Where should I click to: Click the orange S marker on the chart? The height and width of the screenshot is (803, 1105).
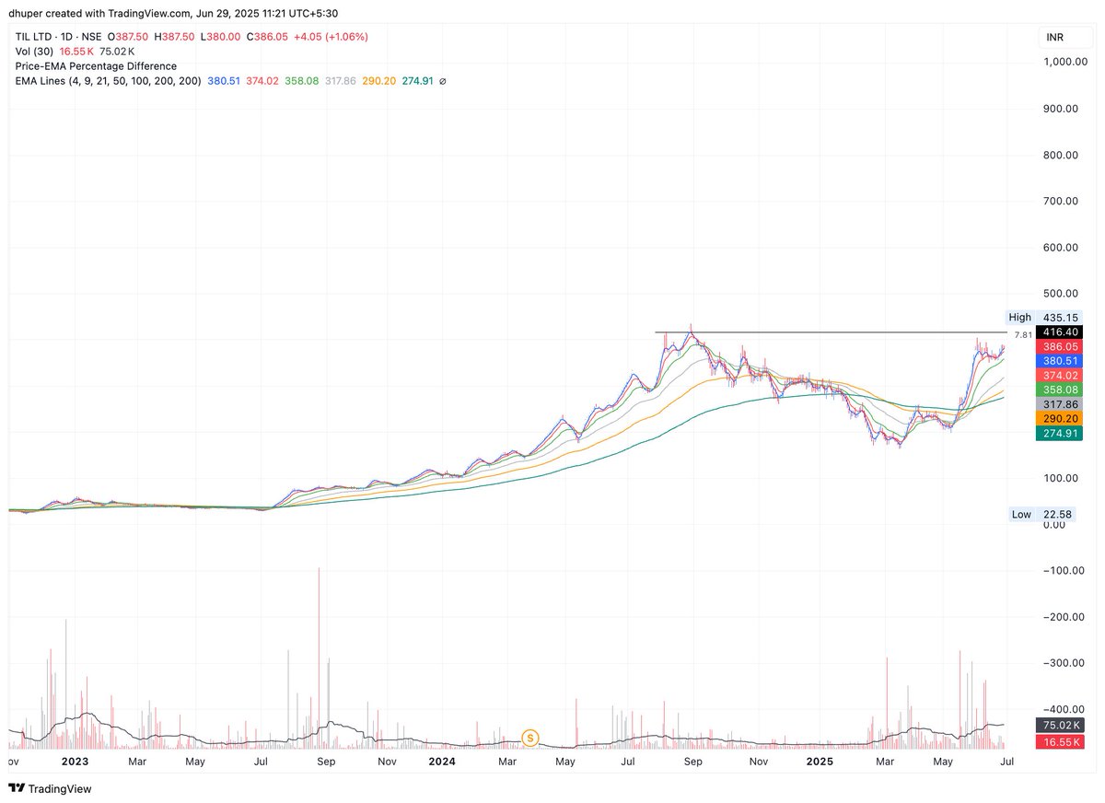(x=529, y=738)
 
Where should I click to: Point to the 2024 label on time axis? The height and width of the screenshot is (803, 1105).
(x=442, y=762)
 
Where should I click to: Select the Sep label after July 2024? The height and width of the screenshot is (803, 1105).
(x=692, y=762)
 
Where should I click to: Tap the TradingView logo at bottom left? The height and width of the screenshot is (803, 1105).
(x=51, y=788)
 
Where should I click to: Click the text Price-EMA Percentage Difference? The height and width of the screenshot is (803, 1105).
(x=96, y=66)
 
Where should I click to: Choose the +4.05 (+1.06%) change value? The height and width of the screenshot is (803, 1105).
(x=331, y=37)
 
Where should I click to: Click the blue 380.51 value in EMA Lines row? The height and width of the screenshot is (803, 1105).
(x=224, y=81)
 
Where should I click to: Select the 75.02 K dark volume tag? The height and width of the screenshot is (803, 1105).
(x=1061, y=726)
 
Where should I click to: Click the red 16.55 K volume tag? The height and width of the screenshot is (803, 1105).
(x=1061, y=741)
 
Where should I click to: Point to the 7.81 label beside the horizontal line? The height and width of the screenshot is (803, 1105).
(x=1022, y=335)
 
